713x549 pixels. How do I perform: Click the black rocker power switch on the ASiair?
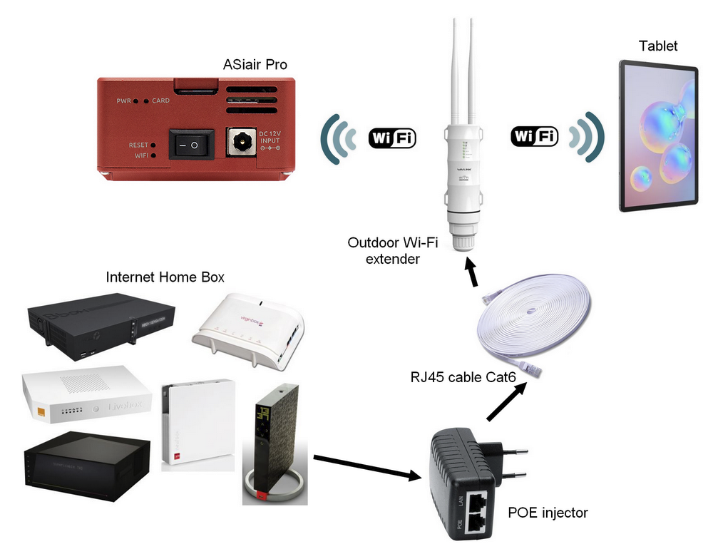tap(191, 145)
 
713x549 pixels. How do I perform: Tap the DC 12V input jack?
tap(240, 143)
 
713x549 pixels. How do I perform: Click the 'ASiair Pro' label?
tap(255, 65)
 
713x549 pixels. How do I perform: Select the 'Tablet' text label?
tap(658, 46)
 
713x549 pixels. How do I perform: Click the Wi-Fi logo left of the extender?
tap(391, 138)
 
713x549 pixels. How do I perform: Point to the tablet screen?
tap(657, 136)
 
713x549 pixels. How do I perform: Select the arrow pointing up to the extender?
tap(471, 272)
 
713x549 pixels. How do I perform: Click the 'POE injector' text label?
tap(548, 513)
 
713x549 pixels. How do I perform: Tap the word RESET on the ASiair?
tap(139, 145)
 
